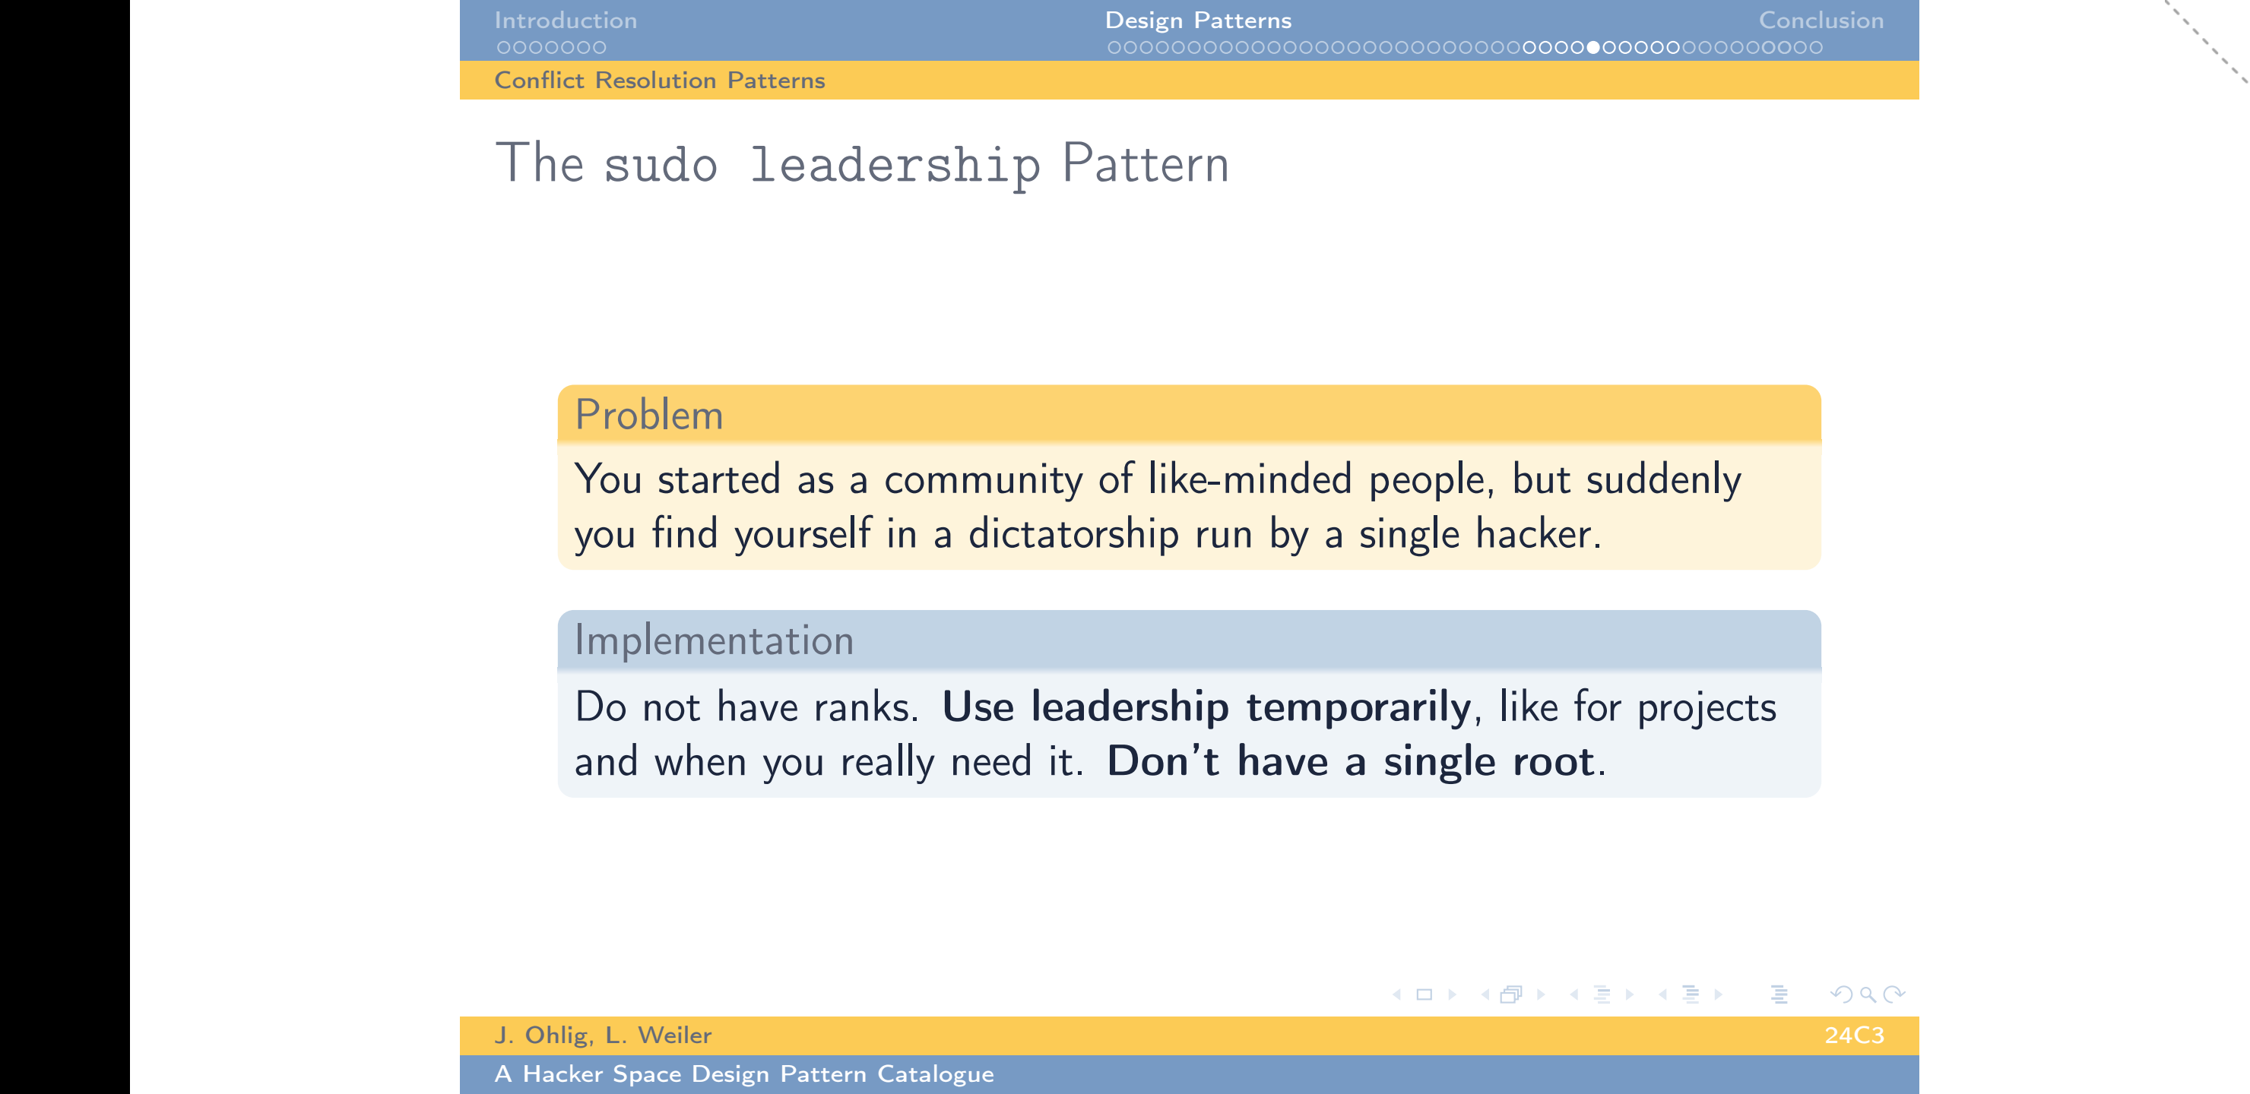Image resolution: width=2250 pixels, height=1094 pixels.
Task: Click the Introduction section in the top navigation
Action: tap(565, 20)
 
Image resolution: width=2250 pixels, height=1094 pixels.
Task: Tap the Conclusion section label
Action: tap(1821, 20)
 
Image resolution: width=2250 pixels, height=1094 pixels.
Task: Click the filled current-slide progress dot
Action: tap(1593, 47)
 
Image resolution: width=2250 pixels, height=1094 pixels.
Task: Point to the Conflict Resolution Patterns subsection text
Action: tap(660, 81)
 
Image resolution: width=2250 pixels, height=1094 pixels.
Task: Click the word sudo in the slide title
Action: tap(661, 164)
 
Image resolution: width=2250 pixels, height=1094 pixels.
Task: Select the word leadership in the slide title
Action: tap(895, 166)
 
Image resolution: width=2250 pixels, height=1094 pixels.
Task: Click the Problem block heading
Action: tap(649, 415)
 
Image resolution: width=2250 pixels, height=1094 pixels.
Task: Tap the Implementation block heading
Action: tap(714, 641)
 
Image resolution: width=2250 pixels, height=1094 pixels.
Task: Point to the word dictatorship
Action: tap(1073, 533)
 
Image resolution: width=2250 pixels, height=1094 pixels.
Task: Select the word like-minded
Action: tap(1250, 479)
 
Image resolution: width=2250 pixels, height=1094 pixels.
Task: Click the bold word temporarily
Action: tap(1358, 707)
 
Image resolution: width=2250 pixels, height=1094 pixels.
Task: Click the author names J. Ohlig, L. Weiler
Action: tap(603, 1036)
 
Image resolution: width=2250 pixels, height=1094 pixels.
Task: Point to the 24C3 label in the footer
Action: tap(1853, 1036)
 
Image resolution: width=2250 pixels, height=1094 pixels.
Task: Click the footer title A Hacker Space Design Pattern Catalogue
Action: tap(744, 1074)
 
